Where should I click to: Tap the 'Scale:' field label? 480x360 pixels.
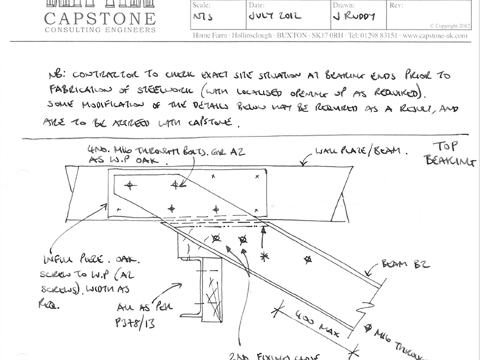[201, 4]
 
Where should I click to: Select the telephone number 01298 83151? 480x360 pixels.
[371, 35]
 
